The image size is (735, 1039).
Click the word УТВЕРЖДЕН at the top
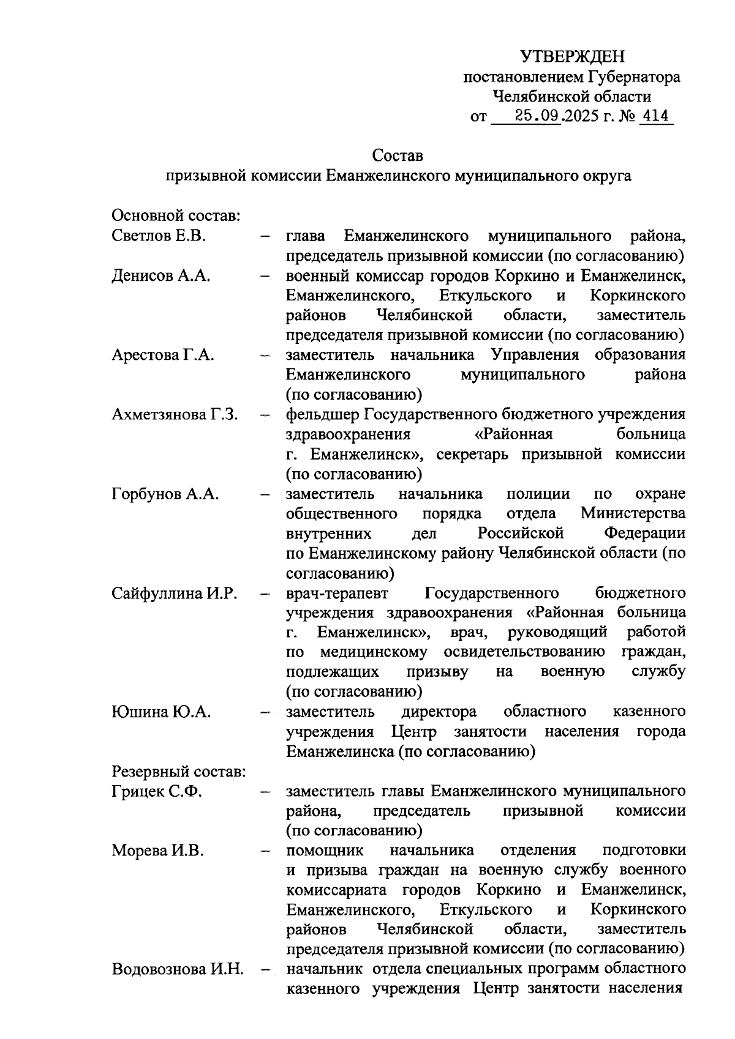click(573, 57)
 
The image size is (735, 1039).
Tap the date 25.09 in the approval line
click(538, 116)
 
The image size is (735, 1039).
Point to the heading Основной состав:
click(175, 216)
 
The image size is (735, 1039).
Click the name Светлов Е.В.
click(159, 236)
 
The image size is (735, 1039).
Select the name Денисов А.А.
click(161, 276)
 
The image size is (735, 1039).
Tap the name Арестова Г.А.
click(162, 355)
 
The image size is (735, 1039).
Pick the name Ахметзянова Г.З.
click(175, 414)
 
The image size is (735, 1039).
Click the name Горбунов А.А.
click(165, 494)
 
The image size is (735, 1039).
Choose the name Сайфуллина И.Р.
click(174, 593)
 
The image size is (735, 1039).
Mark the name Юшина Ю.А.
click(161, 712)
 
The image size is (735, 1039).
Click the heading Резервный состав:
click(178, 771)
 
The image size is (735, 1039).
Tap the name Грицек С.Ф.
click(157, 791)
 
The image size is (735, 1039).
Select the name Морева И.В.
click(157, 851)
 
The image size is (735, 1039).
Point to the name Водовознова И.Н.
click(178, 969)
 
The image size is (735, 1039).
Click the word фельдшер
click(322, 414)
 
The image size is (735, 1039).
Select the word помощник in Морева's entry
click(325, 851)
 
